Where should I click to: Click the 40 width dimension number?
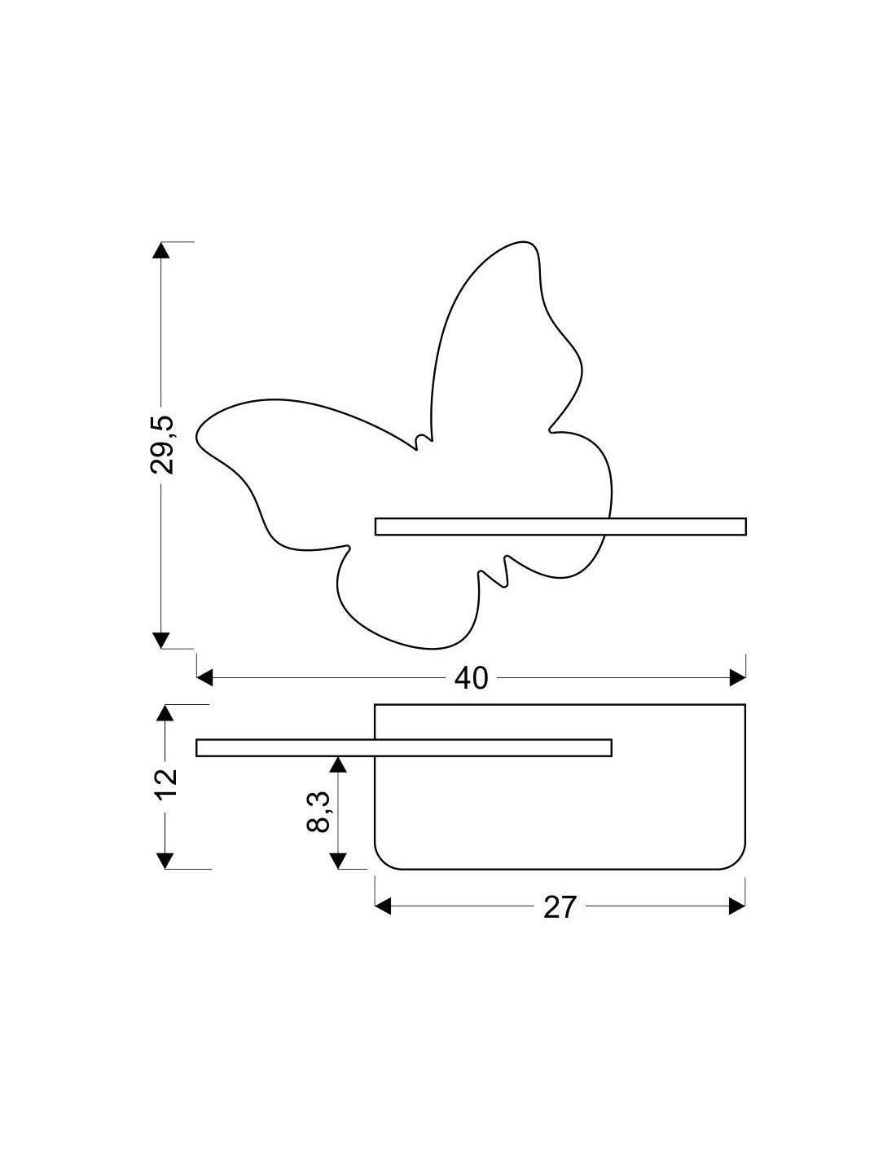(x=471, y=677)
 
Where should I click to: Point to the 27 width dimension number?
(x=560, y=907)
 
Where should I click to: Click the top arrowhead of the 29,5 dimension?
(x=161, y=250)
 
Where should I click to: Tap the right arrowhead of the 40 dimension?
(x=738, y=677)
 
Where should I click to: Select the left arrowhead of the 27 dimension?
(x=383, y=906)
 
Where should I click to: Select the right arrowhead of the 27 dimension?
(x=738, y=906)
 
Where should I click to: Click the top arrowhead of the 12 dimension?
(x=165, y=712)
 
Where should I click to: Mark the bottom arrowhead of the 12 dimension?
(x=165, y=860)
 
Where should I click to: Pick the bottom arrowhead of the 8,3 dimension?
(x=338, y=860)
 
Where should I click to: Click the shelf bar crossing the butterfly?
(x=560, y=527)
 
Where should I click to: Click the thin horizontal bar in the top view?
(x=403, y=747)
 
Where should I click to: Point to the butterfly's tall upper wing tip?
(x=521, y=245)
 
